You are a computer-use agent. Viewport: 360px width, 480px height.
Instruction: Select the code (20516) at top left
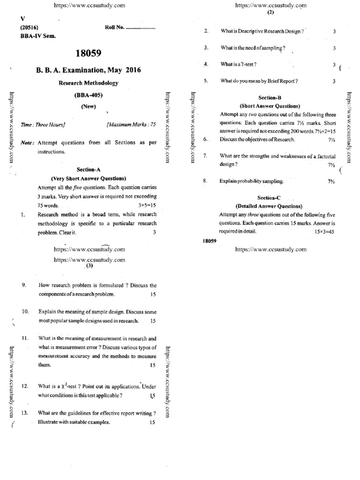29,28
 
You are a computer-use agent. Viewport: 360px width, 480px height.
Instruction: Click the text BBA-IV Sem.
35,36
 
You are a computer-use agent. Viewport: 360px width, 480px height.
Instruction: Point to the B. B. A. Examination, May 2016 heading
88,70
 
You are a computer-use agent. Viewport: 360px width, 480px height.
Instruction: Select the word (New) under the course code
88,106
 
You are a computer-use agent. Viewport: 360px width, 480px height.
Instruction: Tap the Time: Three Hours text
43,125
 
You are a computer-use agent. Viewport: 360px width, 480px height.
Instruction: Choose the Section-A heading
88,169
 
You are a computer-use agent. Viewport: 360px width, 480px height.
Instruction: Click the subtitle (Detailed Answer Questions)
269,206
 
